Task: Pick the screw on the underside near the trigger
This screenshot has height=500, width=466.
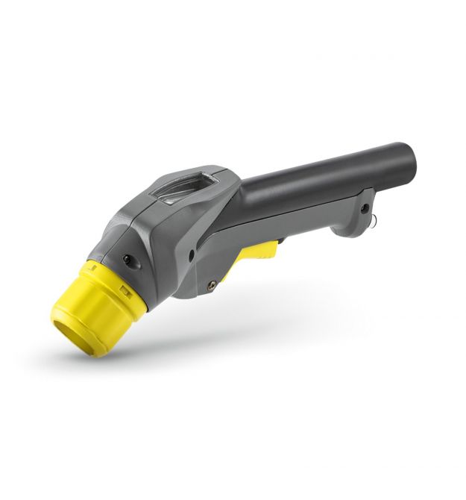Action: [213, 283]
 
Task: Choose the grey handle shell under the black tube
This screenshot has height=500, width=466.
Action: [298, 224]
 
